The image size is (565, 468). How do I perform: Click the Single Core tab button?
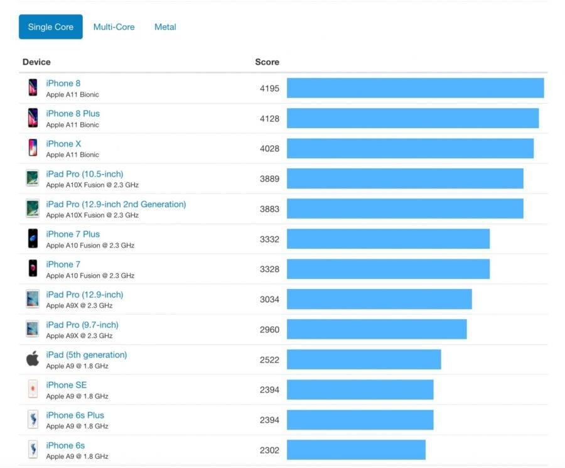(51, 27)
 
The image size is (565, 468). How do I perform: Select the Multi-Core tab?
(114, 27)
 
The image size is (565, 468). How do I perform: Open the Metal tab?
(165, 27)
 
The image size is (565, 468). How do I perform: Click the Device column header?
(36, 62)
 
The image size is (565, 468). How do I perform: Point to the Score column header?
(267, 62)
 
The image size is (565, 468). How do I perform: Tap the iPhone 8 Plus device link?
(73, 114)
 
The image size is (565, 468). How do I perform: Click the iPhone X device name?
(63, 144)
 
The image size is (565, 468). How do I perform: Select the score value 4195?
(269, 89)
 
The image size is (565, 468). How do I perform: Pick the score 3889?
(269, 179)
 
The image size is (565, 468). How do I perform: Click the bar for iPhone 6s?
(356, 450)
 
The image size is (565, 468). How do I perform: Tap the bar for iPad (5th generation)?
(364, 359)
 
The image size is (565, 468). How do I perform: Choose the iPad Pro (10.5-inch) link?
(85, 174)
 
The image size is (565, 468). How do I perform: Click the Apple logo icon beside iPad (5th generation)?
(33, 359)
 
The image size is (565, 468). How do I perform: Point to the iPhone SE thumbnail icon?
(33, 389)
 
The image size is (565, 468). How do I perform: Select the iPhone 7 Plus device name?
(73, 234)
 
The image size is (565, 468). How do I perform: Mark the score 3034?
(269, 299)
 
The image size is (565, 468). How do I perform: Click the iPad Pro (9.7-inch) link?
(82, 325)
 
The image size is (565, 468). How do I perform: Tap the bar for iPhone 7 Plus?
(388, 239)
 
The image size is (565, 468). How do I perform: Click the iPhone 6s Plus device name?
(75, 415)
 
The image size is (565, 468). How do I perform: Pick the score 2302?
(269, 450)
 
